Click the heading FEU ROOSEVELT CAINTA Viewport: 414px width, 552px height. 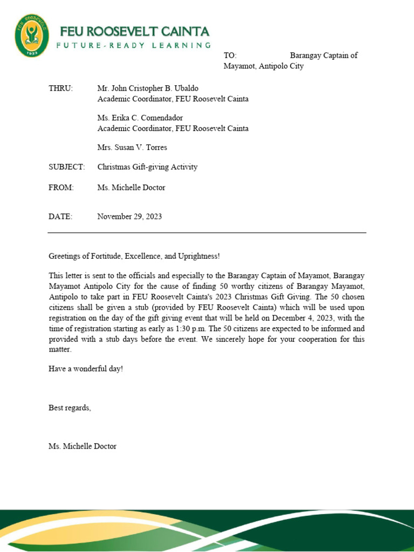coord(134,31)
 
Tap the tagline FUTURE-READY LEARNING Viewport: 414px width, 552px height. coord(133,46)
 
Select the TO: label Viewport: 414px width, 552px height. coord(230,56)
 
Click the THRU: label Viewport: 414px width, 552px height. coord(60,88)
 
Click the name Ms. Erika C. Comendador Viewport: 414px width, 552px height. coord(140,118)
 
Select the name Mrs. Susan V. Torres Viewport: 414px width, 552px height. coord(132,148)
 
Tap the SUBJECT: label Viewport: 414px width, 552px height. coord(67,167)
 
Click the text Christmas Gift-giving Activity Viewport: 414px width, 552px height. coord(147,167)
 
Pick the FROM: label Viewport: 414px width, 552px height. coord(61,188)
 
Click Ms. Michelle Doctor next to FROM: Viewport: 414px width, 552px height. coord(131,188)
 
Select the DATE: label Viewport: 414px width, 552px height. coord(60,217)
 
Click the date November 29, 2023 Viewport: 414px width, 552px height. coord(129,217)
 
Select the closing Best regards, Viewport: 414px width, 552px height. coord(70,408)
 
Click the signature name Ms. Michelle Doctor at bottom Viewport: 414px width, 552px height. coord(82,446)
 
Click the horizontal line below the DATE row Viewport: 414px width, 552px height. coord(207,233)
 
